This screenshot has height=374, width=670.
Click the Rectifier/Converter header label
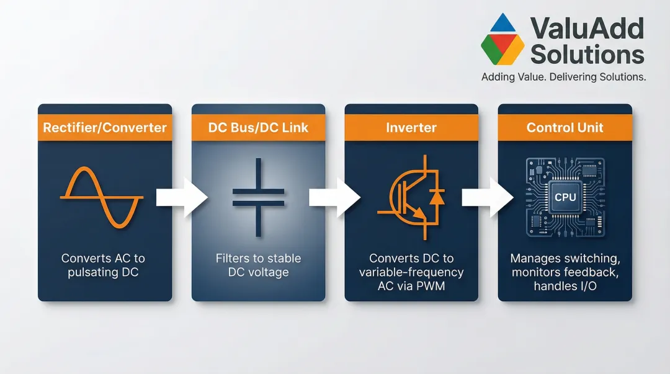tap(105, 127)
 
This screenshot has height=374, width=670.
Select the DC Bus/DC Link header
tap(258, 127)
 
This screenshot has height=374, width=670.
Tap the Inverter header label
tap(411, 127)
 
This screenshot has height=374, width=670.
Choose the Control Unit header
tap(565, 127)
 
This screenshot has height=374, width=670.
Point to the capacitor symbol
tap(258, 197)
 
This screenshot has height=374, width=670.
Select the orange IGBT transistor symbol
tap(411, 197)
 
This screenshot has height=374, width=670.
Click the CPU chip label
tap(565, 197)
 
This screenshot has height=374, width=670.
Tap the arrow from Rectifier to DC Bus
tap(182, 197)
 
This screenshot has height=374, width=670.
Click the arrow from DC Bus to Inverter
tap(335, 197)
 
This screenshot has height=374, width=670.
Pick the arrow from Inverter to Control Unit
tap(488, 197)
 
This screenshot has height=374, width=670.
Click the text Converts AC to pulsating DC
tap(103, 265)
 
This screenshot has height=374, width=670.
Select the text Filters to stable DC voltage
tap(258, 265)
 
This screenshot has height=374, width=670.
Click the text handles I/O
tap(565, 286)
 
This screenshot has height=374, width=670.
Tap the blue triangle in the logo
tap(502, 24)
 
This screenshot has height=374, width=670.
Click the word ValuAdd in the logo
tap(587, 28)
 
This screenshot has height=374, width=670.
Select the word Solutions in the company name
tap(587, 55)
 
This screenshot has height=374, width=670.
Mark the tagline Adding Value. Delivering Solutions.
tap(563, 77)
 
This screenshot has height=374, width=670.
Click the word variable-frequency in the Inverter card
tap(411, 272)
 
